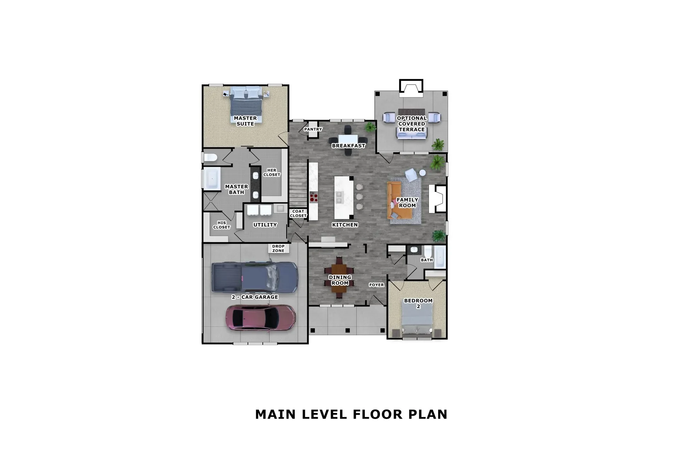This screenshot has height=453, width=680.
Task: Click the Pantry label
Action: pyautogui.click(x=313, y=129)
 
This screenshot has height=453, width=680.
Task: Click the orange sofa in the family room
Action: pyautogui.click(x=399, y=200)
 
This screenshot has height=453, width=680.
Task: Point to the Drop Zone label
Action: pyautogui.click(x=278, y=248)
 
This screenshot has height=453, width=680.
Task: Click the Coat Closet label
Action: pyautogui.click(x=298, y=213)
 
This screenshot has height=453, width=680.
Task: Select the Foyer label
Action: pyautogui.click(x=376, y=285)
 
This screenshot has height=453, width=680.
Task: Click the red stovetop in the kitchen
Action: pyautogui.click(x=313, y=197)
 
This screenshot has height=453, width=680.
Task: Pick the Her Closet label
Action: pyautogui.click(x=272, y=172)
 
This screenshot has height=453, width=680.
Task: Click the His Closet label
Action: pyautogui.click(x=222, y=225)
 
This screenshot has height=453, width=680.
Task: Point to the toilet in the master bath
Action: pyautogui.click(x=210, y=157)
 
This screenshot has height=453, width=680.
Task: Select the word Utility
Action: pyautogui.click(x=265, y=225)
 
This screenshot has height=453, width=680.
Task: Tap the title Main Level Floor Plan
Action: pyautogui.click(x=351, y=414)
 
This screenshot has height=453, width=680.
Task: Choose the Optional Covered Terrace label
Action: pyautogui.click(x=412, y=124)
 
